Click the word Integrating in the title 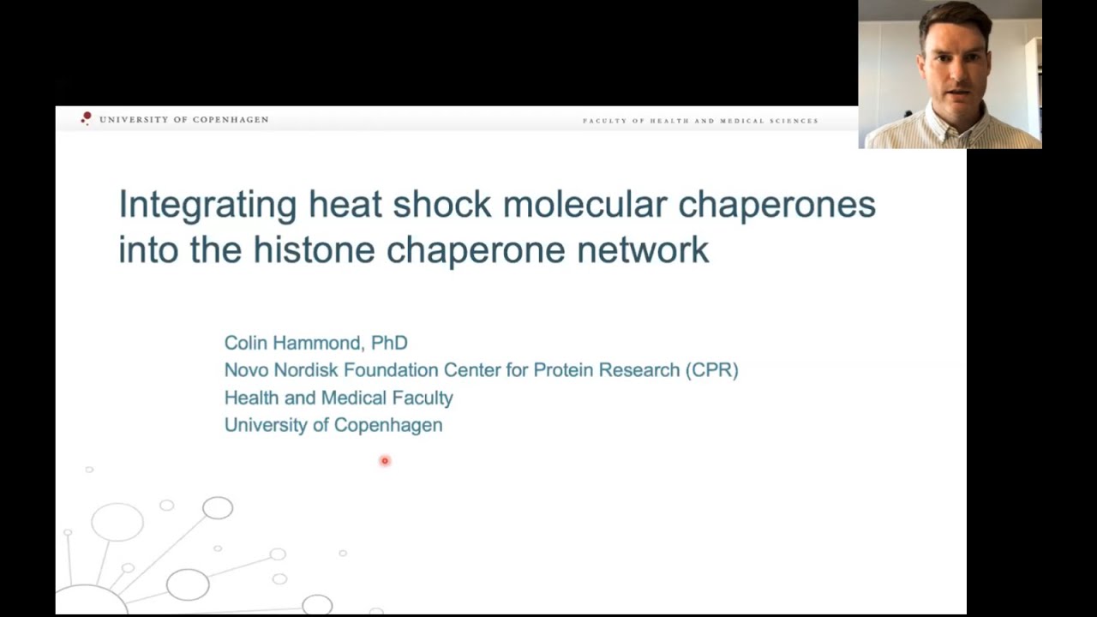(207, 206)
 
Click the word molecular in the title (584, 205)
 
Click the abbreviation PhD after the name (389, 343)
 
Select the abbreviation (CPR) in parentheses (711, 370)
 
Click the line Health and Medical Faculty (339, 398)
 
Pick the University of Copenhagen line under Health (333, 425)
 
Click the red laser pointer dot (385, 461)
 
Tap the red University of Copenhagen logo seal (86, 118)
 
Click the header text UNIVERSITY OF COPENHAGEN (183, 120)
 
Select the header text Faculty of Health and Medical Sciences (700, 121)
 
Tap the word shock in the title (441, 205)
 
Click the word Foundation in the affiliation (391, 370)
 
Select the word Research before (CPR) (638, 370)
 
